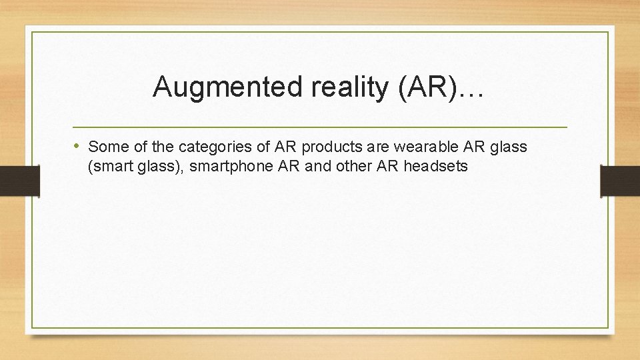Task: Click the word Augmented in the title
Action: pos(210,87)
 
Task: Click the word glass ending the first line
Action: pos(509,147)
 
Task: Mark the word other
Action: pos(355,167)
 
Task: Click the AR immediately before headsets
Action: pos(388,167)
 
